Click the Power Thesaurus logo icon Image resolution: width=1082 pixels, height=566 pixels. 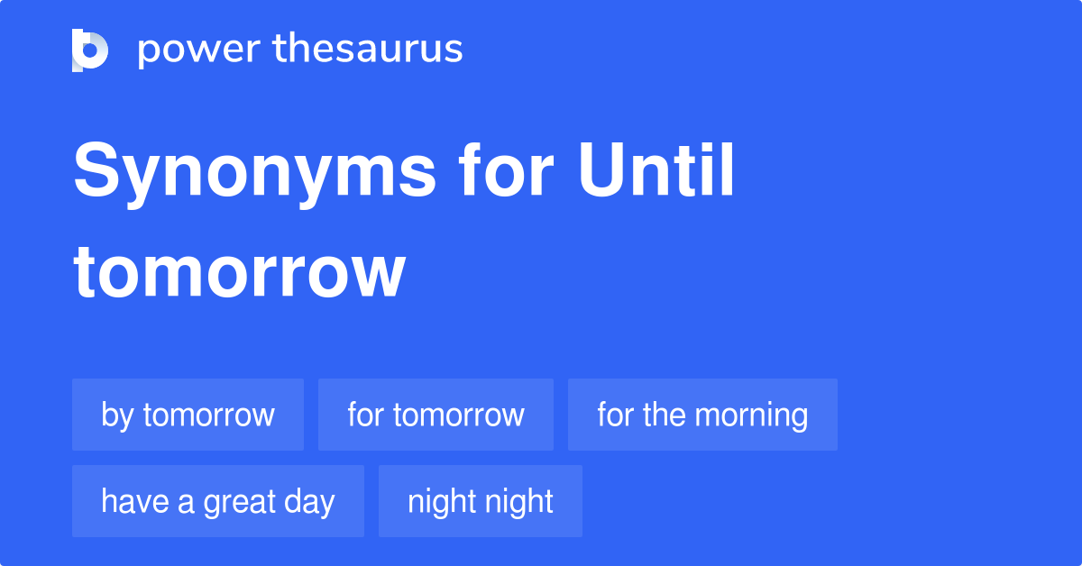coord(90,50)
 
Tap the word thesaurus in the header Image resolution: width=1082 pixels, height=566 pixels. coord(368,50)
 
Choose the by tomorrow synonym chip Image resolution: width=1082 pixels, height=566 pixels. coord(188,415)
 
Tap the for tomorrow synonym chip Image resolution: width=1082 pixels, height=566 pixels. coord(436,415)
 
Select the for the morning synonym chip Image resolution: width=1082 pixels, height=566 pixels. coord(702,415)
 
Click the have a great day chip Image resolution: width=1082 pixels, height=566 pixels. coord(218,501)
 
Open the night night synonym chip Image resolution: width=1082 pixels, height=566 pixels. coord(481,501)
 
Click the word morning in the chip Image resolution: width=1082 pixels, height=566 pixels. coord(752,415)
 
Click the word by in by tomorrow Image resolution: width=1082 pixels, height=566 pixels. coord(117,415)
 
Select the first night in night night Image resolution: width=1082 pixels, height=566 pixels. coord(441,501)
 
